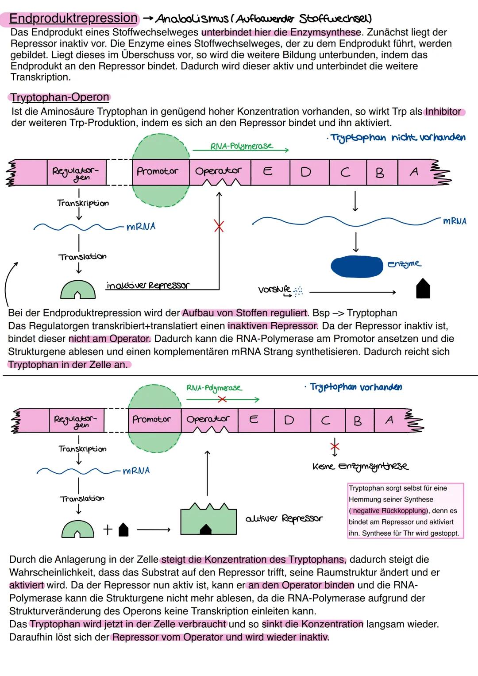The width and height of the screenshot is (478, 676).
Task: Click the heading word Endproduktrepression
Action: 73,18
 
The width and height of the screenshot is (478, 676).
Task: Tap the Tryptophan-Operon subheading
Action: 60,97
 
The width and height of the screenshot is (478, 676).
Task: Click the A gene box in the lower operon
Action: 389,420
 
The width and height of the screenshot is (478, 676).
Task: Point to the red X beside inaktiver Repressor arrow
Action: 219,227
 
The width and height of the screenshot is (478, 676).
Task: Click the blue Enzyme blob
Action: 357,266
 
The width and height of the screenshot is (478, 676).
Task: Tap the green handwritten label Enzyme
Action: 404,264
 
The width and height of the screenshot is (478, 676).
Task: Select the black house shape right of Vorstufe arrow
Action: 423,289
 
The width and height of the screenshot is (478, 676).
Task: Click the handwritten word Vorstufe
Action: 274,290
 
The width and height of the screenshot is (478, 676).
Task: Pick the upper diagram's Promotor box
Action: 158,171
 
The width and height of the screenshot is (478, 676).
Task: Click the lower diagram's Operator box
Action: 208,420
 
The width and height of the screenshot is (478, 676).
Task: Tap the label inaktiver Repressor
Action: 147,286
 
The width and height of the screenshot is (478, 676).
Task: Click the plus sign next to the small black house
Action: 108,529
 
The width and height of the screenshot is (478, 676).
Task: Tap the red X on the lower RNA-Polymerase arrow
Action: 222,400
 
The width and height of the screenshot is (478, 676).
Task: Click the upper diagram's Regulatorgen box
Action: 76,173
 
